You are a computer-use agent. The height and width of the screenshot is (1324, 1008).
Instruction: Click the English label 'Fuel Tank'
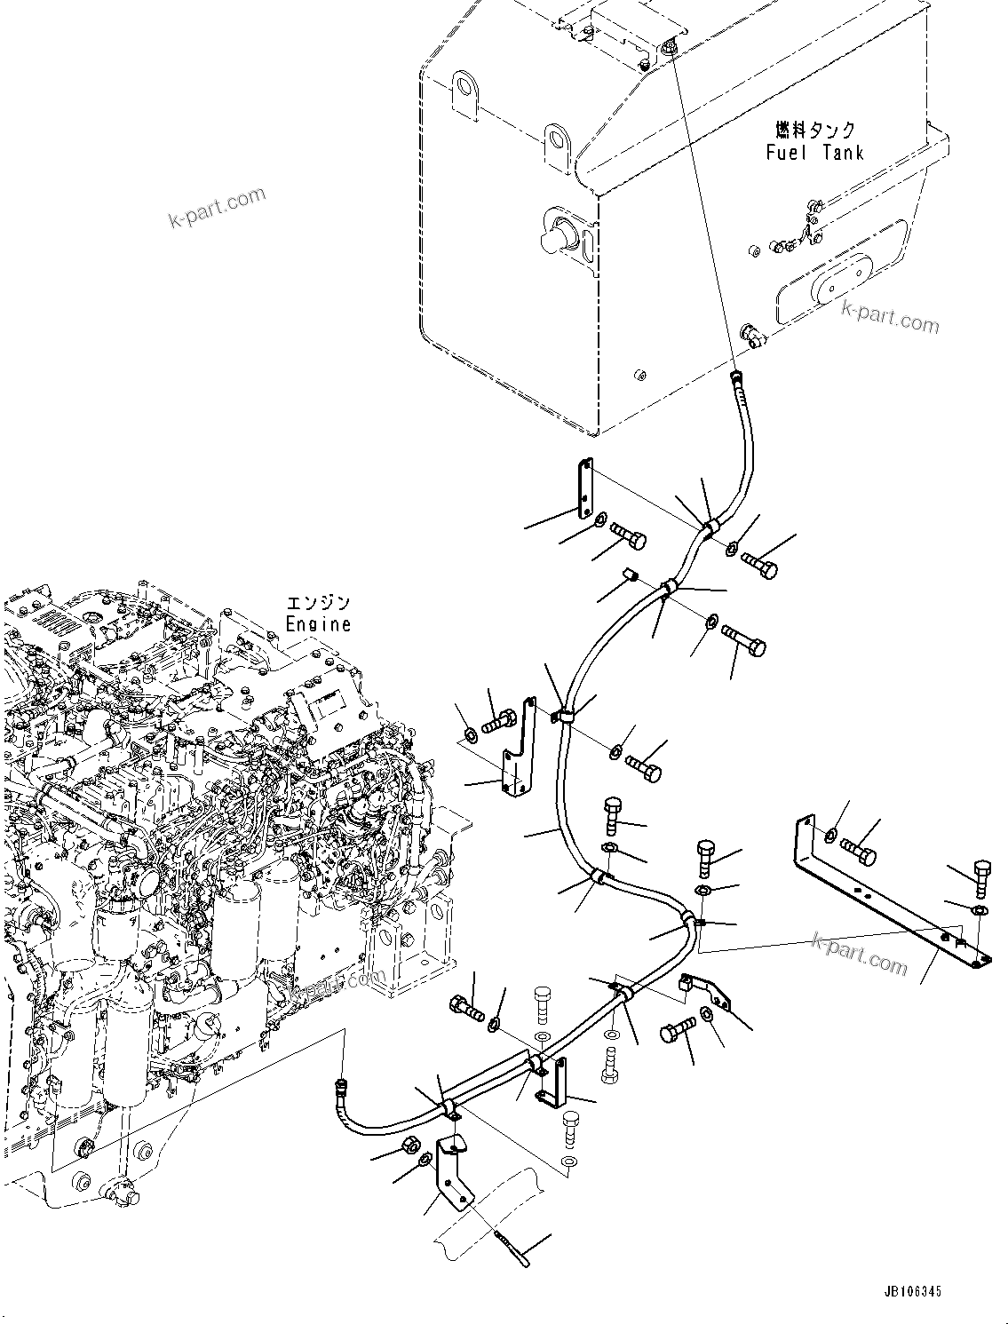click(x=814, y=152)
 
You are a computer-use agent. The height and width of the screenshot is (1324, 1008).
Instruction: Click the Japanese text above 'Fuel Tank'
click(x=814, y=130)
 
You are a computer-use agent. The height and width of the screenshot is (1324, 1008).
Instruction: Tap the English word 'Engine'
click(x=318, y=623)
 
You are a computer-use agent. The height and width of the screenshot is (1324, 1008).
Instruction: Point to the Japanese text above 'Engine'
click(x=318, y=602)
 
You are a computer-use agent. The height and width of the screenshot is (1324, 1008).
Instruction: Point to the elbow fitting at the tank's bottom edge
click(x=750, y=337)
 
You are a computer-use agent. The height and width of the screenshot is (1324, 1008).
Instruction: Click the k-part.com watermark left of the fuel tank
click(x=217, y=206)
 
